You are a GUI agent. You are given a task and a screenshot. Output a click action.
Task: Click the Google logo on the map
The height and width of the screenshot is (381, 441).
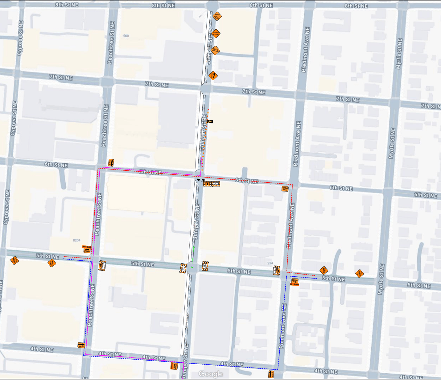[x=211, y=374]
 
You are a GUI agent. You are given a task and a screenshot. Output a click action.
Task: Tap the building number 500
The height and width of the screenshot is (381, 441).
[x=126, y=36]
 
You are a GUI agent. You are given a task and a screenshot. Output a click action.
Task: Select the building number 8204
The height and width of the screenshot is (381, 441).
[x=77, y=240]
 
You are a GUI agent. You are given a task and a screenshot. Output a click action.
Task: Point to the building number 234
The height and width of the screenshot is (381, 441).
[x=270, y=263]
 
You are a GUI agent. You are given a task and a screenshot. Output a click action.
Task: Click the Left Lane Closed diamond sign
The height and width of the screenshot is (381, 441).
[x=216, y=50]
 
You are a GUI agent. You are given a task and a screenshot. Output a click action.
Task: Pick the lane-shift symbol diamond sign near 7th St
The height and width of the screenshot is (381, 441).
[x=213, y=75]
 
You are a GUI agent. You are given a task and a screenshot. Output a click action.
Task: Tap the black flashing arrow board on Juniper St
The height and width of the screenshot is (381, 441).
[x=210, y=122]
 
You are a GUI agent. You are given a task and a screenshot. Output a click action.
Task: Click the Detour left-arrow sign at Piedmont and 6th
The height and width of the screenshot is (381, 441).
[x=285, y=189]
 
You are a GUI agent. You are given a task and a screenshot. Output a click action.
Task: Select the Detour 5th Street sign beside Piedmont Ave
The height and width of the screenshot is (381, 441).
[x=295, y=282]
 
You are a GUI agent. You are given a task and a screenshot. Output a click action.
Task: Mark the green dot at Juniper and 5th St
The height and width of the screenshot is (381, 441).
[x=192, y=267]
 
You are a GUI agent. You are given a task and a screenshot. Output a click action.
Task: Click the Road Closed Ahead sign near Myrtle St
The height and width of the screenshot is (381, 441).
[x=359, y=274]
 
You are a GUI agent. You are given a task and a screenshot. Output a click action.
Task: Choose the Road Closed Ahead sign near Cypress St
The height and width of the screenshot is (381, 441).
[x=14, y=261]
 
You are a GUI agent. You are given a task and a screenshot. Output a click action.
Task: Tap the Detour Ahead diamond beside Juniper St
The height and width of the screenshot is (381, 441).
[x=216, y=33]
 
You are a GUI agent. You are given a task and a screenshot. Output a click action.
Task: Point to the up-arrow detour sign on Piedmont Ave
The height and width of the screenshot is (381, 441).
[x=271, y=374]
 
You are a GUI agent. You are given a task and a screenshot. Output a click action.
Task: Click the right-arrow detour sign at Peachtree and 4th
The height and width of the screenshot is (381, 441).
[x=81, y=345]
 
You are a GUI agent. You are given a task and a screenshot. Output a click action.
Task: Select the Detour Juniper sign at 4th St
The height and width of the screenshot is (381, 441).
[x=174, y=366]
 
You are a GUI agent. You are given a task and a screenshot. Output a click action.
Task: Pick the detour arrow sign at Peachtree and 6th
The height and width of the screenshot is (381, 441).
[x=111, y=162]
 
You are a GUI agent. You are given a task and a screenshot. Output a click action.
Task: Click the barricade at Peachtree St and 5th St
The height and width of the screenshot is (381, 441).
[x=102, y=266]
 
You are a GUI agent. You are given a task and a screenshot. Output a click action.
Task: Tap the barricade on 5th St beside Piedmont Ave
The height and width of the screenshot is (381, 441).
[x=276, y=270]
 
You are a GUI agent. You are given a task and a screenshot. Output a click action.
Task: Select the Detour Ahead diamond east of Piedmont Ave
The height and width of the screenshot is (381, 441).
[x=324, y=270]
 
